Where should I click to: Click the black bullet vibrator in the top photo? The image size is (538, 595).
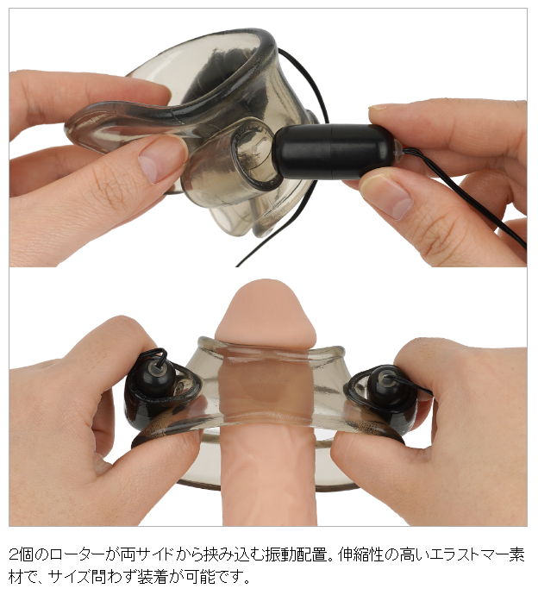[334, 152]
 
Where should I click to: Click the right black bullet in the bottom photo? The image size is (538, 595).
[388, 384]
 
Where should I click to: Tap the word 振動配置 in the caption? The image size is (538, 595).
[297, 555]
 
